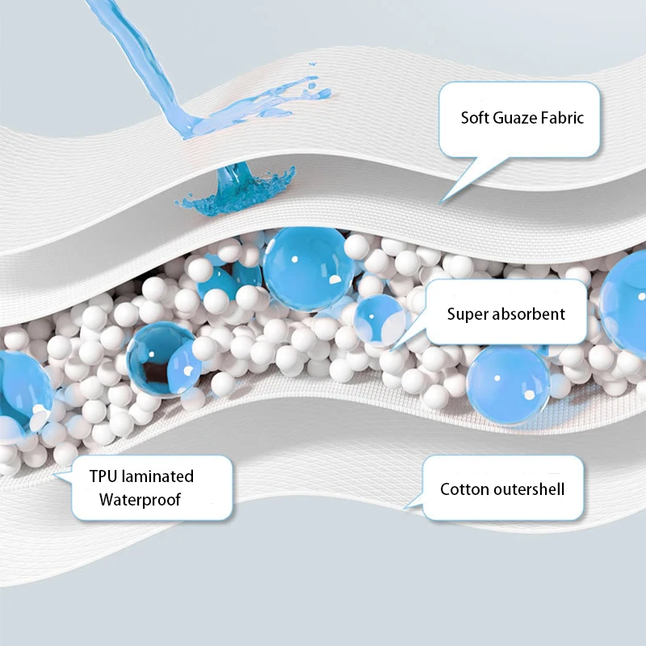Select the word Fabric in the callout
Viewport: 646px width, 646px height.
pyautogui.click(x=564, y=118)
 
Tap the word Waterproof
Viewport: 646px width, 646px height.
pyautogui.click(x=140, y=500)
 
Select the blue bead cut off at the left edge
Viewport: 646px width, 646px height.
pyautogui.click(x=20, y=388)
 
